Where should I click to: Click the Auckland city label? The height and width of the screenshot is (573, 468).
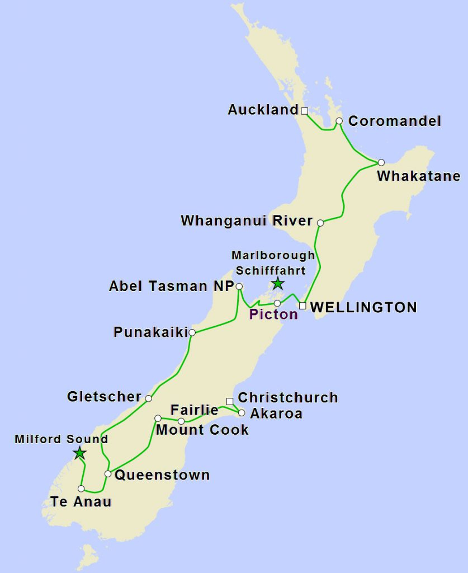(x=263, y=110)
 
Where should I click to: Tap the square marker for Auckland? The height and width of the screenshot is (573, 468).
(x=305, y=111)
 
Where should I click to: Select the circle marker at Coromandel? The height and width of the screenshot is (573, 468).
(x=339, y=121)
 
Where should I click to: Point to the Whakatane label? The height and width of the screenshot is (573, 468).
(x=419, y=176)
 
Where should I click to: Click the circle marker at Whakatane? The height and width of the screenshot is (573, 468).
(x=381, y=162)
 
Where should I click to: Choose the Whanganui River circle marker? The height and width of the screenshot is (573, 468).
(x=320, y=223)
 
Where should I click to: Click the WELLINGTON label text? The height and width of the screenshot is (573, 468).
(x=363, y=307)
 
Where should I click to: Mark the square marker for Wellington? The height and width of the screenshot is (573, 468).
(x=302, y=306)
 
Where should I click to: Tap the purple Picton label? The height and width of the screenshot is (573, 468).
(x=273, y=314)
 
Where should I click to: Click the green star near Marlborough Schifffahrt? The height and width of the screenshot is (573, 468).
(x=278, y=284)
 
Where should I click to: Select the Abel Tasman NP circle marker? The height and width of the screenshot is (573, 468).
(x=239, y=286)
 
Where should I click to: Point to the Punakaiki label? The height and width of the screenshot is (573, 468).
(x=150, y=332)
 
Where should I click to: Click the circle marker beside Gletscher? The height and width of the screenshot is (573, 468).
(x=148, y=398)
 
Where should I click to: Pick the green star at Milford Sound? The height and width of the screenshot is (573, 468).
(x=80, y=453)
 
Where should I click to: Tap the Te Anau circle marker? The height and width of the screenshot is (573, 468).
(x=82, y=489)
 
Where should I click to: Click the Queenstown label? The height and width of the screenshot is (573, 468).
(x=162, y=475)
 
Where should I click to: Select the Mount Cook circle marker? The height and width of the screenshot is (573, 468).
(x=158, y=418)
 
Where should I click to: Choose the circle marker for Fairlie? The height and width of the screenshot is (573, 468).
(x=181, y=421)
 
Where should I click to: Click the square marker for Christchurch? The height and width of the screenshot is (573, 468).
(x=229, y=401)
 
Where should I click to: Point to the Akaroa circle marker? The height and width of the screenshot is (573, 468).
(x=242, y=413)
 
